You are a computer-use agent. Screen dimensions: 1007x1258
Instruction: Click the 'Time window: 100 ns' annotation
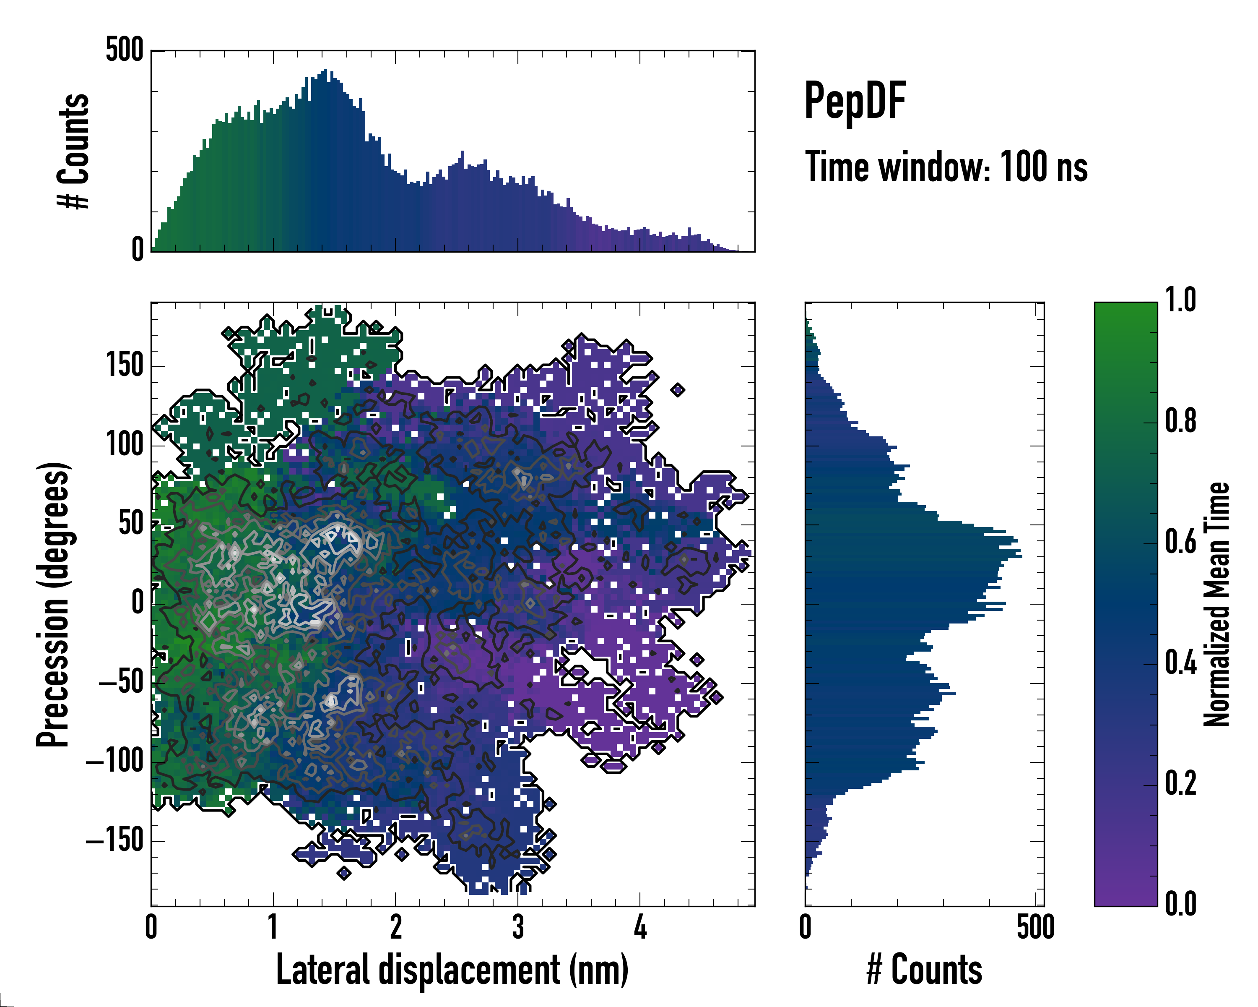(x=946, y=167)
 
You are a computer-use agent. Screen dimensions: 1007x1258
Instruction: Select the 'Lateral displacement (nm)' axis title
(x=452, y=970)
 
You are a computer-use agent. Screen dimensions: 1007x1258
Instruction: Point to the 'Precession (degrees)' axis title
(x=54, y=604)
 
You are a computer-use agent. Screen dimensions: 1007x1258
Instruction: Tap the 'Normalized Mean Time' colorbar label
(x=1216, y=604)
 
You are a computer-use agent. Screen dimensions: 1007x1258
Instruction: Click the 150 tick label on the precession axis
(x=125, y=366)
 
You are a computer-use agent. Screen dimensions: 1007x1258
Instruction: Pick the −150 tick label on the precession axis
(x=114, y=840)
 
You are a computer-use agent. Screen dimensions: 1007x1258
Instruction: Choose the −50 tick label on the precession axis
(x=120, y=682)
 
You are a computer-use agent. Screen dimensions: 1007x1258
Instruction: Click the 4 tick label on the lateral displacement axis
(x=640, y=927)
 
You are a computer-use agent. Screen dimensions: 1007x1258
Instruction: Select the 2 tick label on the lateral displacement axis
(x=395, y=927)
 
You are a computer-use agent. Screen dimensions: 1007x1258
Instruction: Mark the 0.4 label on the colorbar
(x=1180, y=664)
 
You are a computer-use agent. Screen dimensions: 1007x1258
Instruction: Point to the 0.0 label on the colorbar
(x=1180, y=904)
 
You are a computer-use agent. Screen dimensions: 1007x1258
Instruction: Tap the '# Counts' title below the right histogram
(x=924, y=970)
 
